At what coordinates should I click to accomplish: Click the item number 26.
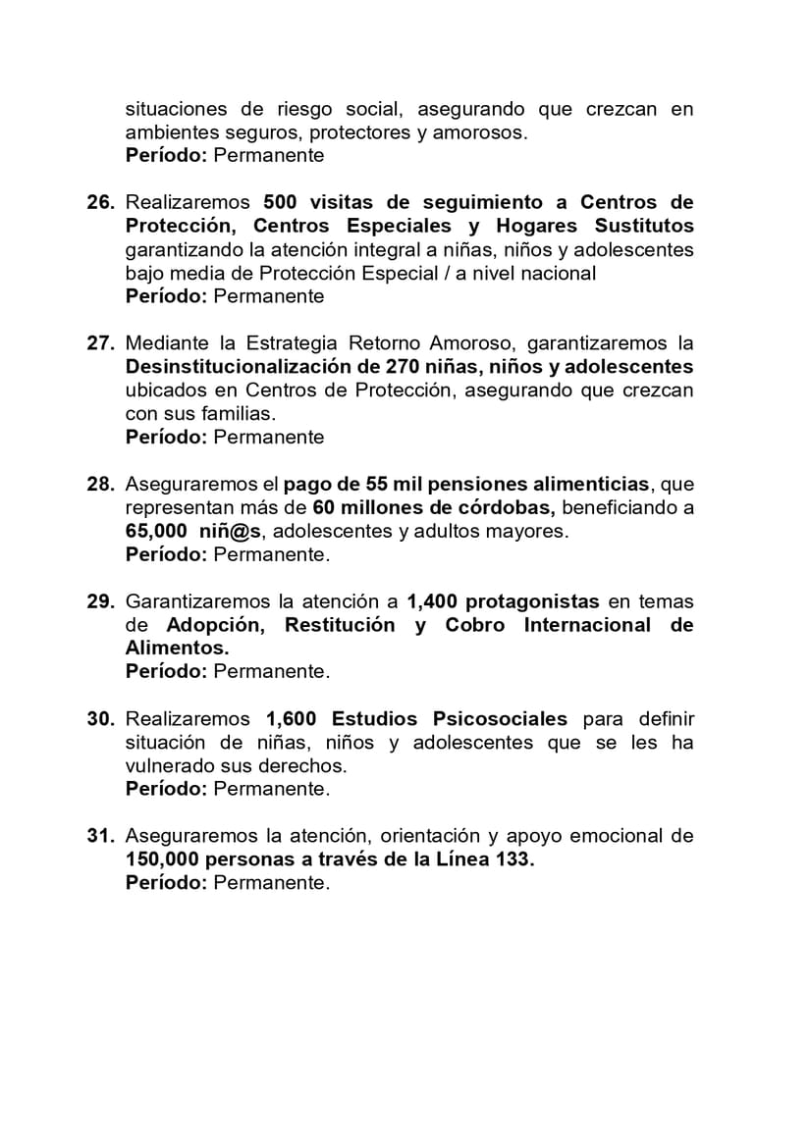(x=100, y=203)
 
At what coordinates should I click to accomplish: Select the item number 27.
(x=100, y=344)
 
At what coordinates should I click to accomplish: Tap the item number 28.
(x=100, y=485)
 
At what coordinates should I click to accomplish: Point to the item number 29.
(x=100, y=601)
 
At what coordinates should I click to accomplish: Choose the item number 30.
(x=100, y=719)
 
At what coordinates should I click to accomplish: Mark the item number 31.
(x=100, y=836)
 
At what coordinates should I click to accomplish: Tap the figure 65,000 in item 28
(x=155, y=532)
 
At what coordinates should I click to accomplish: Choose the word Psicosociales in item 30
(x=499, y=719)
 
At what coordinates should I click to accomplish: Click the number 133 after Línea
(x=515, y=859)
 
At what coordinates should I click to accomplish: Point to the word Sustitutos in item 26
(x=643, y=227)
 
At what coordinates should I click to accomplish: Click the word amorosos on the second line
(x=478, y=132)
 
